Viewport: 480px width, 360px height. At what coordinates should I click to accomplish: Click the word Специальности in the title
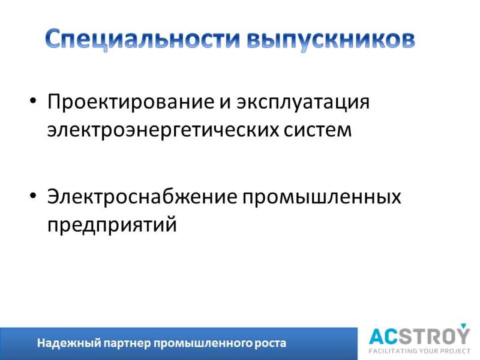[143, 39]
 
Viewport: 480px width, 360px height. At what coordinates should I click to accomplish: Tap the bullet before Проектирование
[33, 100]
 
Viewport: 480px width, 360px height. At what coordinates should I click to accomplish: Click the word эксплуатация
[303, 102]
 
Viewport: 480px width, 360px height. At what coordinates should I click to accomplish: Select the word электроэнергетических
[163, 130]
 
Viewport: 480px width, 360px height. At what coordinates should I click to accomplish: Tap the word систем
[318, 130]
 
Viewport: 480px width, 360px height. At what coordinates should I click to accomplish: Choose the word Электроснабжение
[142, 197]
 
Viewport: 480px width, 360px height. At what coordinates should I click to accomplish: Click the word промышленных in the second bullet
[322, 197]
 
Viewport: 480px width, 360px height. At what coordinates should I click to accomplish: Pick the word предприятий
[112, 225]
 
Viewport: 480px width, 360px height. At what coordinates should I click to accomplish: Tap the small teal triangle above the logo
[463, 325]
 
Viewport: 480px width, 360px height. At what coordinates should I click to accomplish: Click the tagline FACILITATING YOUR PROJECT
[419, 351]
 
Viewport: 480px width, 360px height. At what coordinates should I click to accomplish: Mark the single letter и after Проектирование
[225, 103]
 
